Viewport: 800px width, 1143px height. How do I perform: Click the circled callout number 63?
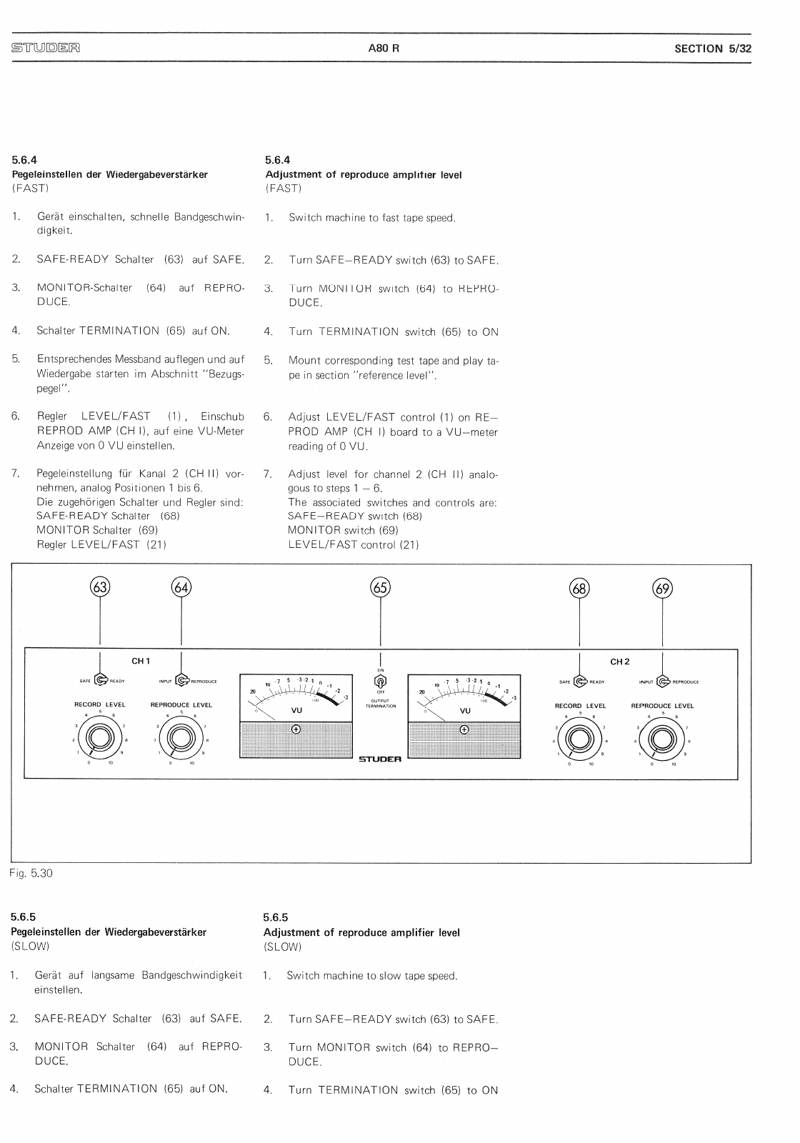[x=100, y=588]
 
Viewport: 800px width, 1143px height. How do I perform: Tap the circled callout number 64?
[x=181, y=588]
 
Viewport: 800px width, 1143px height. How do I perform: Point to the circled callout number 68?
[x=579, y=588]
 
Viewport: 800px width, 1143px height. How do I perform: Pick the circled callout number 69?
[x=663, y=588]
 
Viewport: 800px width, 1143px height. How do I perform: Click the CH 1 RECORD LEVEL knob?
[x=99, y=737]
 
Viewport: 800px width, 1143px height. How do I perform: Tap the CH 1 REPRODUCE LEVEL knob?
[x=181, y=737]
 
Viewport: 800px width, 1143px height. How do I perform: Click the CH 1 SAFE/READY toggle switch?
[x=101, y=681]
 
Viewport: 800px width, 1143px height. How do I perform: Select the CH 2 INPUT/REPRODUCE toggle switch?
[x=662, y=681]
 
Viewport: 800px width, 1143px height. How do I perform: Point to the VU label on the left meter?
[x=296, y=711]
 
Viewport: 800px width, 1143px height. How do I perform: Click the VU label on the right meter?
[x=465, y=711]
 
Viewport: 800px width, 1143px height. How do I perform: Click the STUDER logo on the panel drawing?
[x=380, y=759]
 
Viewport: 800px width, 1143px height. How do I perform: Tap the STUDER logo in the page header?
[x=45, y=49]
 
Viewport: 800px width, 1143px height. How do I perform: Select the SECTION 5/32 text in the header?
[x=713, y=49]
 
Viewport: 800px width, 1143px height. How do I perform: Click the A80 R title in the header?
[x=384, y=49]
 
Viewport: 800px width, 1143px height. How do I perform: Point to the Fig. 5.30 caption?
[x=31, y=873]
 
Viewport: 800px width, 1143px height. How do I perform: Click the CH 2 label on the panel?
[x=619, y=662]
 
